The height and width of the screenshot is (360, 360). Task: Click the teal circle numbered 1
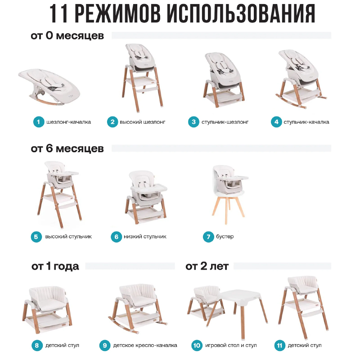point(39,122)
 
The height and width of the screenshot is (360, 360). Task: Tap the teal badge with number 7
point(208,237)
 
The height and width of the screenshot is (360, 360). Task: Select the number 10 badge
point(197,345)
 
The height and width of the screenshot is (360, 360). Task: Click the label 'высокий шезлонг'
point(142,122)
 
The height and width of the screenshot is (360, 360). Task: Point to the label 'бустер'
point(225,236)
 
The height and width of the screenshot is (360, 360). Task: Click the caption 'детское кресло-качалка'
point(145,345)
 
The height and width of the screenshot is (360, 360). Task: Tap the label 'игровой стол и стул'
point(231,345)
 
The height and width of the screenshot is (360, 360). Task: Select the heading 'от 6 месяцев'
point(67,148)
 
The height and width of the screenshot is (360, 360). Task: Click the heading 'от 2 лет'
point(207,266)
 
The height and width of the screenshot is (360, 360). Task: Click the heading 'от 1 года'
point(55,266)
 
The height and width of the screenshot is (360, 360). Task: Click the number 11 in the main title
point(59,13)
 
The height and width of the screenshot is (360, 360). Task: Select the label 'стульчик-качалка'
point(306,122)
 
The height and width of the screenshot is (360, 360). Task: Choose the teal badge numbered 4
point(276,122)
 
